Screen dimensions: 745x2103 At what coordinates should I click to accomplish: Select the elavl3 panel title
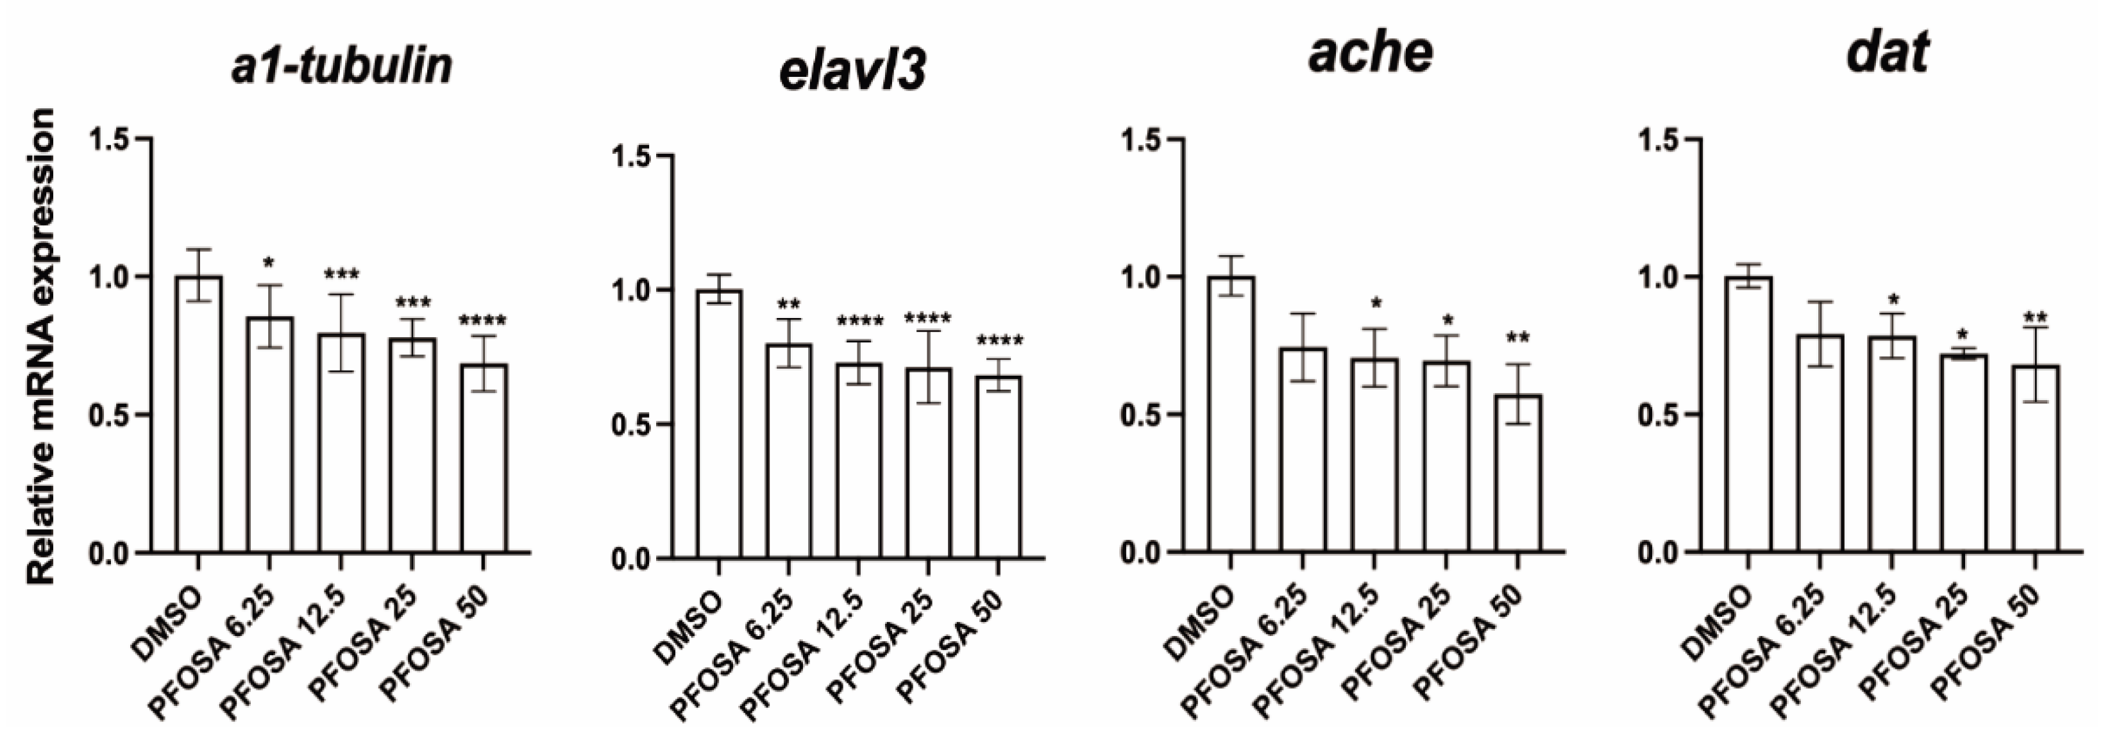852,74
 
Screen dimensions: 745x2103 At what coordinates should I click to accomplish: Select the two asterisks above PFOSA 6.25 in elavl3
789,305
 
